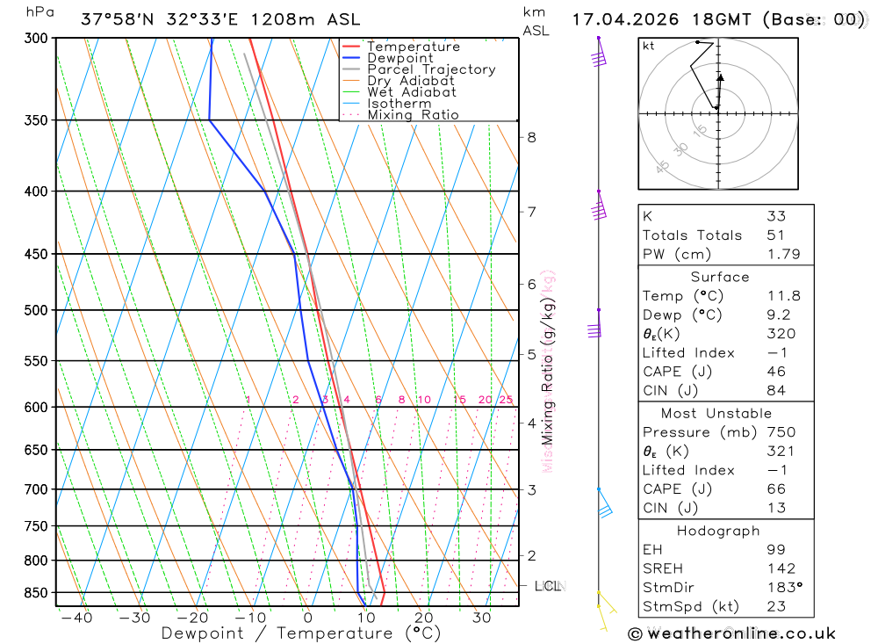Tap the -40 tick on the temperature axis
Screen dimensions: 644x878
point(76,618)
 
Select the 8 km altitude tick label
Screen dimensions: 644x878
point(531,137)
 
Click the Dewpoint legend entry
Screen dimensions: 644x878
point(399,58)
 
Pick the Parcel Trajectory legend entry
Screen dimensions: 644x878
point(430,69)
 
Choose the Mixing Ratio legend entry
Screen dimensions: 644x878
point(412,115)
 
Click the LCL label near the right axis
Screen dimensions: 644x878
point(548,585)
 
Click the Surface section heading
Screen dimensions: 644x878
point(719,277)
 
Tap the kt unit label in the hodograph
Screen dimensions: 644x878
point(649,46)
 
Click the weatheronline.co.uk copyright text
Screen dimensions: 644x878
point(731,633)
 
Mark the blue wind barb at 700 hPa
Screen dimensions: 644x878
point(604,510)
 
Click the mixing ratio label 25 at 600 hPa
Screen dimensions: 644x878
point(505,400)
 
